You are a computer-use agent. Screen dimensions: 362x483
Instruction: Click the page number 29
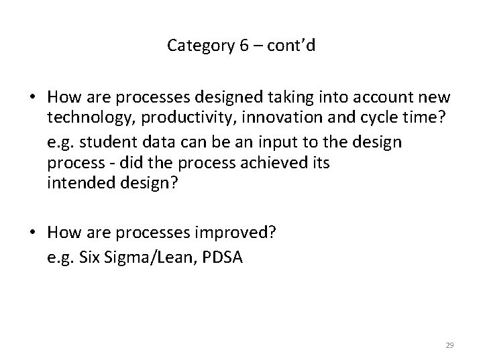click(449, 345)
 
